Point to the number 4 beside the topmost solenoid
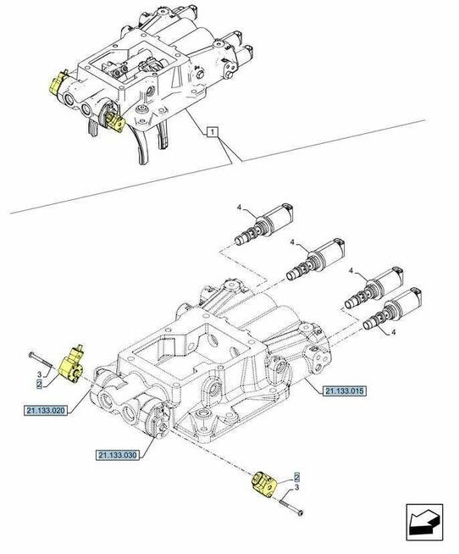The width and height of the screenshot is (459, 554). click(x=241, y=208)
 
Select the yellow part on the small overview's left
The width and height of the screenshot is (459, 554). click(x=58, y=84)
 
